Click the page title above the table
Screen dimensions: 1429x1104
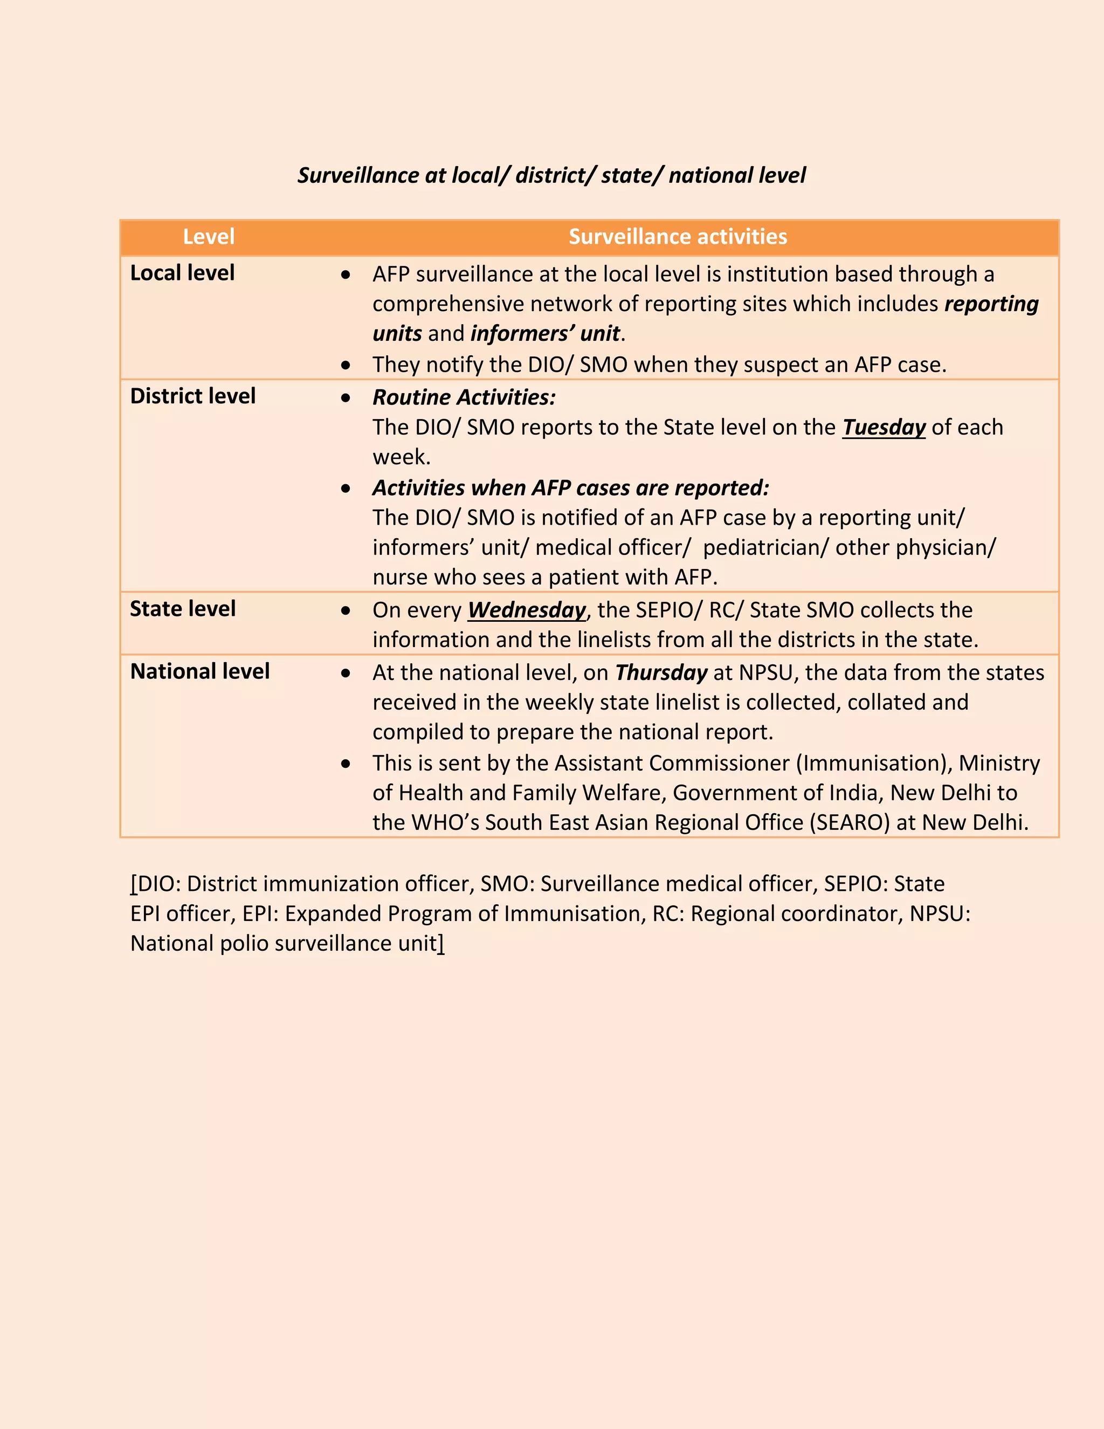[551, 175]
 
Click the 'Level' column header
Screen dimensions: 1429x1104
[209, 237]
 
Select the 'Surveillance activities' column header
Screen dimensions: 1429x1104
[678, 237]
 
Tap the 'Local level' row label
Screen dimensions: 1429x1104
[183, 273]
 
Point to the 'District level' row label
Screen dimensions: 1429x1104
[193, 396]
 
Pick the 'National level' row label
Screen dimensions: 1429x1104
[200, 671]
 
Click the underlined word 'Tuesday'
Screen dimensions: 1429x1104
[884, 427]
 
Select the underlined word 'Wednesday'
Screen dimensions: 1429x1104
[527, 610]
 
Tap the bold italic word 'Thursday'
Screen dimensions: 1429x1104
[661, 672]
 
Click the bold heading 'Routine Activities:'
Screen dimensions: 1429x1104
[464, 397]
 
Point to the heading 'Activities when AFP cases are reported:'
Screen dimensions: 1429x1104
[571, 488]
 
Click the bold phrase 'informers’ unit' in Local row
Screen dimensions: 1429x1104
[545, 334]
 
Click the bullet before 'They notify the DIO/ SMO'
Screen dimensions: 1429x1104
[346, 365]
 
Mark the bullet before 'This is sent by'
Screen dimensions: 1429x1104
[346, 764]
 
